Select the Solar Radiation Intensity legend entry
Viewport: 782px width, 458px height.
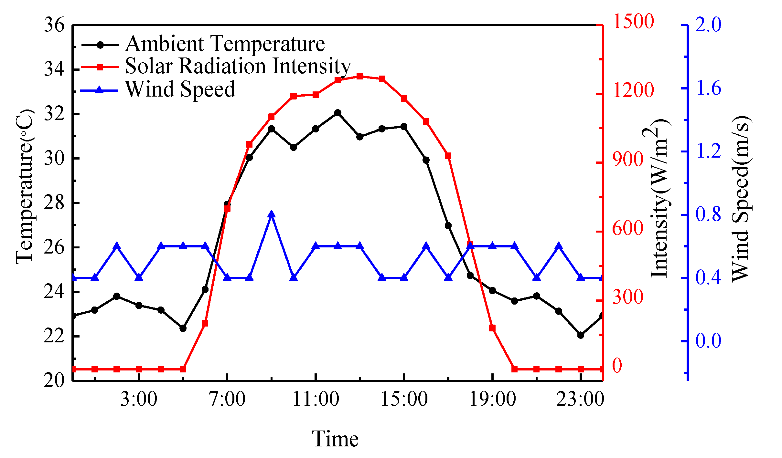[x=238, y=66]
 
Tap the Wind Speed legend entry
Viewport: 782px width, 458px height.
[x=180, y=89]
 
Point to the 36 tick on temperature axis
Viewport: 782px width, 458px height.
[x=54, y=25]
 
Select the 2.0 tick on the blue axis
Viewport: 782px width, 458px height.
[x=708, y=25]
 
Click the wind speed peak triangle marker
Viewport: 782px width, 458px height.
[x=272, y=214]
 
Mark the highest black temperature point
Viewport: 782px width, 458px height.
[x=338, y=113]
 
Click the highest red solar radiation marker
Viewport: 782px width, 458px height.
[x=360, y=76]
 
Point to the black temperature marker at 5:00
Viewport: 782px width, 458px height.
[x=183, y=328]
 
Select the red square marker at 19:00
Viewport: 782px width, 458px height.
[x=492, y=328]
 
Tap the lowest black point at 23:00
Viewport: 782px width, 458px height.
[x=581, y=335]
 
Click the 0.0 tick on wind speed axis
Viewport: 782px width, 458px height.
[x=708, y=341]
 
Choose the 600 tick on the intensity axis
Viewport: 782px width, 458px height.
[x=627, y=228]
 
